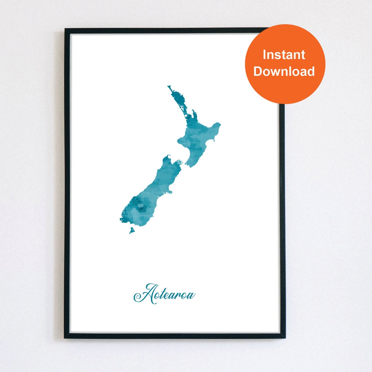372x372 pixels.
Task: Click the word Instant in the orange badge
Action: coord(284,55)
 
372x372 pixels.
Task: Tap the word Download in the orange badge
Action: coord(284,71)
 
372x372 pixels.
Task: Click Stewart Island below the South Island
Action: coord(132,230)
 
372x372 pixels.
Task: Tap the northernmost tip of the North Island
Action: coord(169,87)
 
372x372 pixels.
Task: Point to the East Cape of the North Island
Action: coord(219,124)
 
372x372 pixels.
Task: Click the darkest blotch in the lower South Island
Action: coord(141,207)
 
